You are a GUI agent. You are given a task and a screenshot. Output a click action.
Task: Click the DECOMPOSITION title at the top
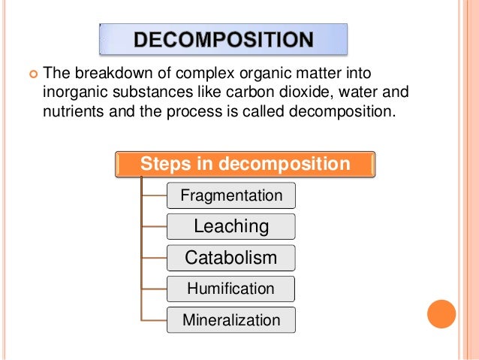[224, 39]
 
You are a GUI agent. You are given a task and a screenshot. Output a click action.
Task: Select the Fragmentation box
[231, 196]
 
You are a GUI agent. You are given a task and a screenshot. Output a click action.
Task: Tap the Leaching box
[231, 226]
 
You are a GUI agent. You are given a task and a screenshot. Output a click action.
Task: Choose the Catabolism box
[231, 258]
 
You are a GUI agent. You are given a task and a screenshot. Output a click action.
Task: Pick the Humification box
[231, 288]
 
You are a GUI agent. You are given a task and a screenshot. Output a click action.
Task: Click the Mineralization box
[231, 319]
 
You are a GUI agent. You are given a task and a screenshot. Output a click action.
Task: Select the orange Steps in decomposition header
[245, 164]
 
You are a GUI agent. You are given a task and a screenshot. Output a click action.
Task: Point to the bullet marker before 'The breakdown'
[32, 74]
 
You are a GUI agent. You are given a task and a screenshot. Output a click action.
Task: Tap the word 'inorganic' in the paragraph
[71, 93]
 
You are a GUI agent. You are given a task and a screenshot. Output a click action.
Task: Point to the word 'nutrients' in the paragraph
[70, 113]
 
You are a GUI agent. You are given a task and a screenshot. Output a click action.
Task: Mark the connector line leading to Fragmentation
[153, 196]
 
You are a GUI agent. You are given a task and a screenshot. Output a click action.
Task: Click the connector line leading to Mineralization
[153, 319]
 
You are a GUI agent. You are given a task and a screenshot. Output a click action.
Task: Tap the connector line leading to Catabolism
[153, 258]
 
